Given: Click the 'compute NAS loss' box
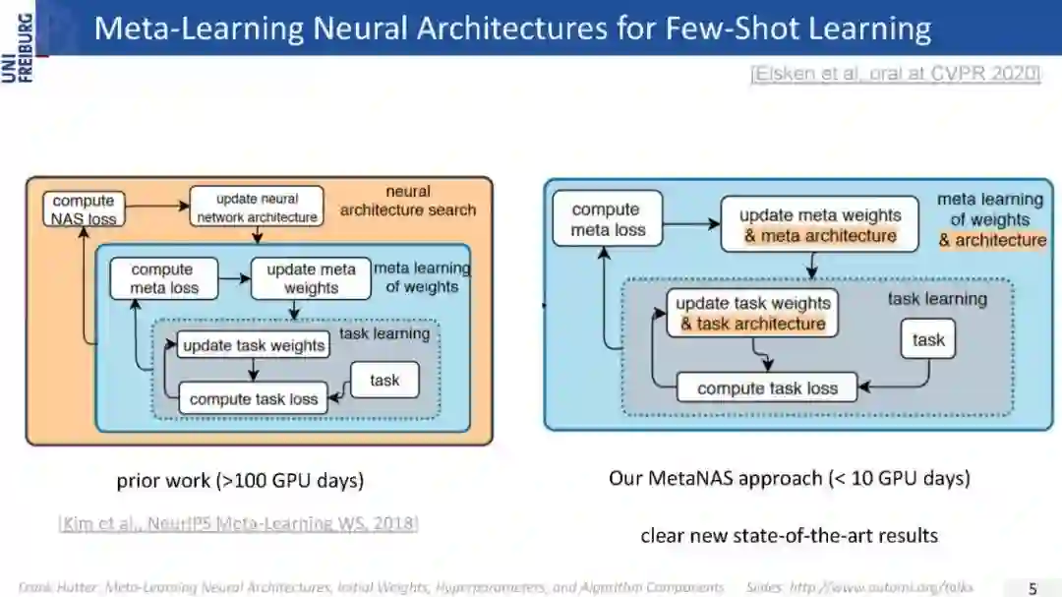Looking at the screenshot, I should pyautogui.click(x=84, y=209).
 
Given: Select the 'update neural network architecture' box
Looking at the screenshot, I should pyautogui.click(x=257, y=208).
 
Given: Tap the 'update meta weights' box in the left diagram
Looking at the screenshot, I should pyautogui.click(x=311, y=278).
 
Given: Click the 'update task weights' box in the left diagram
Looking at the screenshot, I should pyautogui.click(x=253, y=345).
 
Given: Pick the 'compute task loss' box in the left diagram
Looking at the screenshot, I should pyautogui.click(x=253, y=399).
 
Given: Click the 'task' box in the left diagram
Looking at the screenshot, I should pyautogui.click(x=384, y=380).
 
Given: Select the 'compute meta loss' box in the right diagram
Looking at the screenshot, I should pyautogui.click(x=608, y=219).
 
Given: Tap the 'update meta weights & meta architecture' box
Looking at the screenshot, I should pyautogui.click(x=819, y=225).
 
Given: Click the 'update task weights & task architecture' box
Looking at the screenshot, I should pyautogui.click(x=752, y=313).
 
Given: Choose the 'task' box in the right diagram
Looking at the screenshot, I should pyautogui.click(x=928, y=339).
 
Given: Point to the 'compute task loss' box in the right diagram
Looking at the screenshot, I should pyautogui.click(x=767, y=388).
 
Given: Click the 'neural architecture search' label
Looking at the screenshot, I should pyautogui.click(x=407, y=200).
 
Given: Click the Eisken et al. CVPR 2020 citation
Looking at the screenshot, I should pyautogui.click(x=894, y=74).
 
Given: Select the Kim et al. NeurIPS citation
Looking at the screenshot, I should pyautogui.click(x=239, y=522).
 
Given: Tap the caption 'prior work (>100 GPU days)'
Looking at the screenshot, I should pyautogui.click(x=240, y=481).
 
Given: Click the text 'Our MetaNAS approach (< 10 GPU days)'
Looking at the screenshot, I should pyautogui.click(x=789, y=478).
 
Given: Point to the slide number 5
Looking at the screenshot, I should pyautogui.click(x=1032, y=588).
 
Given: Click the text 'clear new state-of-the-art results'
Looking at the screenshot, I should pyautogui.click(x=789, y=535).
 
